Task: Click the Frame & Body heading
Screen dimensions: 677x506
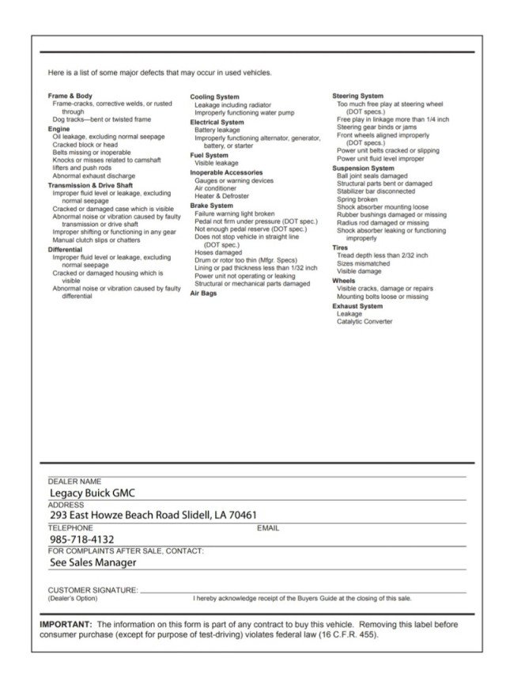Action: [x=70, y=96]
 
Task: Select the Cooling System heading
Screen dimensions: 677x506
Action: [x=214, y=96]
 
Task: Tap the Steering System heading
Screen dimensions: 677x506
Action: [x=357, y=96]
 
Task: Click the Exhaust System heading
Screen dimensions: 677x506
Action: [x=357, y=305]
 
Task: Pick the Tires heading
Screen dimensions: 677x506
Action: [x=339, y=248]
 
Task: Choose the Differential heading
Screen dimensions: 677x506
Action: [x=65, y=249]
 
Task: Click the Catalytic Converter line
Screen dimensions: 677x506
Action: [x=364, y=321]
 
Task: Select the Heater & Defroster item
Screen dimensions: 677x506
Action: [x=221, y=196]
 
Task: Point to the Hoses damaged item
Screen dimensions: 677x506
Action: [x=217, y=252]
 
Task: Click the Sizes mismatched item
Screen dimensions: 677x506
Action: [x=364, y=263]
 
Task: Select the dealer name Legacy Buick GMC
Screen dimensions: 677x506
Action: [x=93, y=494]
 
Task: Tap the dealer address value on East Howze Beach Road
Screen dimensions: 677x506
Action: [x=153, y=516]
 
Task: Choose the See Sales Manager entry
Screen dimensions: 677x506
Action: [x=93, y=562]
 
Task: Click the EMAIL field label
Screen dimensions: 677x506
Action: [x=269, y=528]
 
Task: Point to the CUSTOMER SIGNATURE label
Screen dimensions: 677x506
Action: [x=93, y=590]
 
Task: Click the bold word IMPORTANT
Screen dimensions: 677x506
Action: [x=66, y=624]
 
